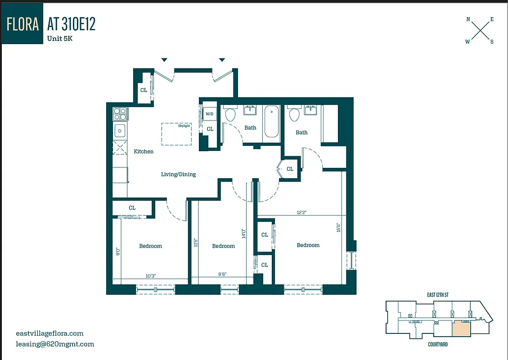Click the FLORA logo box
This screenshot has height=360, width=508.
(x=22, y=24)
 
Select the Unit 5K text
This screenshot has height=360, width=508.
(x=60, y=39)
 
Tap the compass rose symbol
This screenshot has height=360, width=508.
(x=480, y=31)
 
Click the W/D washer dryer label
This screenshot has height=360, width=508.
(x=210, y=114)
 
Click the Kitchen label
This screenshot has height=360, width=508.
(x=144, y=152)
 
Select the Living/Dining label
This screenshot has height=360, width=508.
(x=178, y=175)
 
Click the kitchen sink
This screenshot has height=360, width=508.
(x=120, y=131)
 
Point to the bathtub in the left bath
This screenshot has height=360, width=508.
(x=272, y=121)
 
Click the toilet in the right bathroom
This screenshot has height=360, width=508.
(x=295, y=115)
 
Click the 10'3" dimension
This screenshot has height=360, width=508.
(x=150, y=276)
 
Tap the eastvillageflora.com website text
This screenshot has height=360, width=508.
(x=49, y=333)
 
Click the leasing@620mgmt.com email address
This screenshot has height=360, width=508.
(x=55, y=344)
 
